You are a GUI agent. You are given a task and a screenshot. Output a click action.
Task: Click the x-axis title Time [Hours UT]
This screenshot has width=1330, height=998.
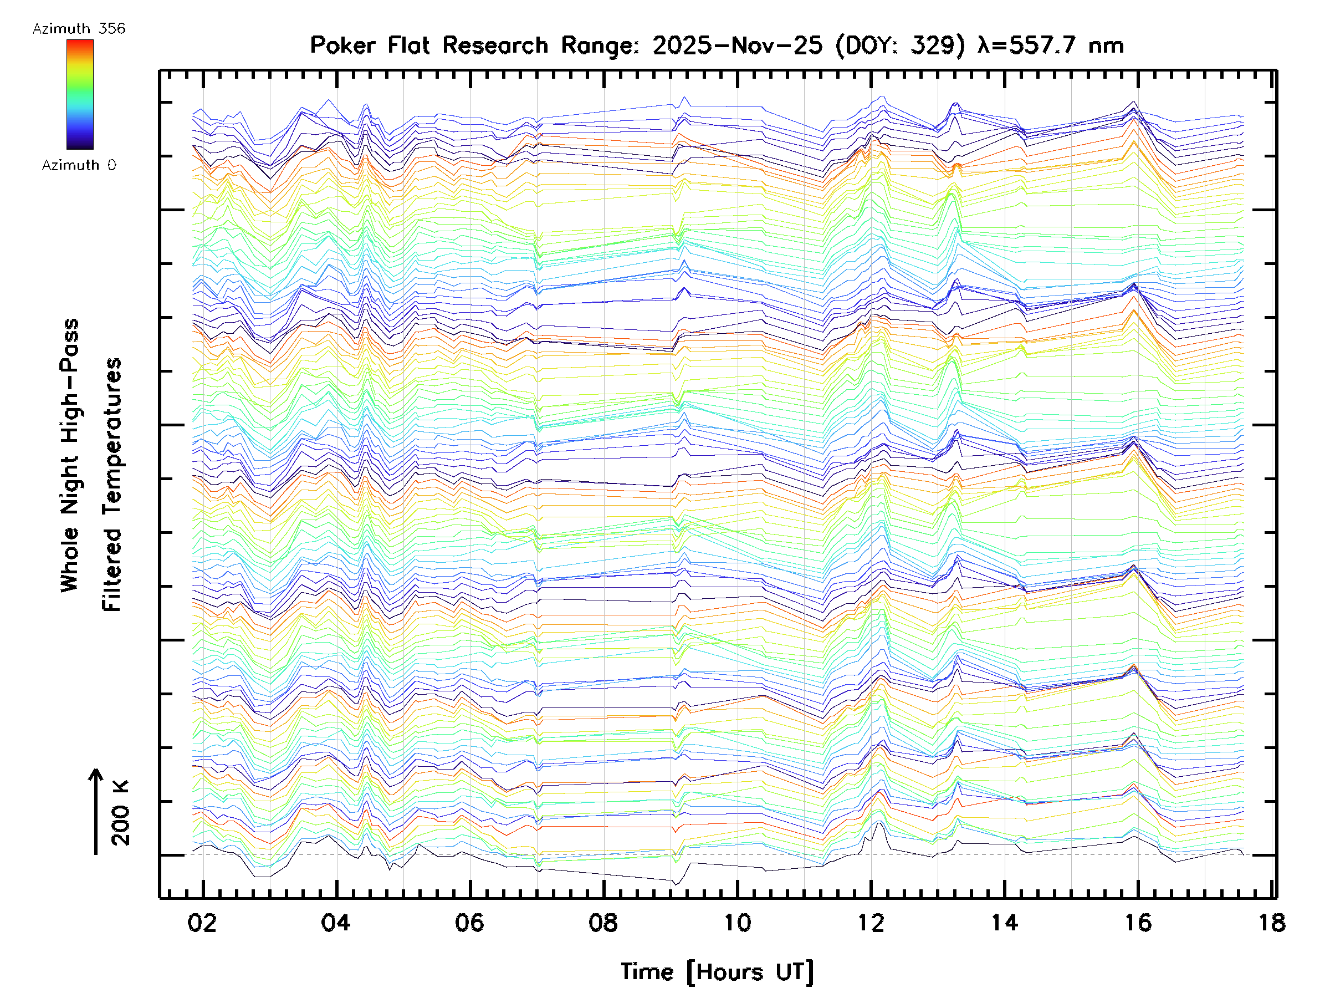(717, 972)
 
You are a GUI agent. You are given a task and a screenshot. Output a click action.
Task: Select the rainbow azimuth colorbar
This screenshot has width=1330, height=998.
(80, 94)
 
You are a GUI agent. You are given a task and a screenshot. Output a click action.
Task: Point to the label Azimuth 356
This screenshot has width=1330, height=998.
(79, 29)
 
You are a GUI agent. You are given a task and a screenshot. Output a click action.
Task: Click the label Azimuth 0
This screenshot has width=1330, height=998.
(79, 165)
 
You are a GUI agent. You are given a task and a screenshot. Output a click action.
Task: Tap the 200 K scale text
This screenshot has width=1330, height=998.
(120, 813)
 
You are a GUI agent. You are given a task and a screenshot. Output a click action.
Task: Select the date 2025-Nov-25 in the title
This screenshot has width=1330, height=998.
(737, 45)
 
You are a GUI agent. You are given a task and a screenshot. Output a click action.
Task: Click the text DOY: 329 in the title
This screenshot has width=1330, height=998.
(901, 45)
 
